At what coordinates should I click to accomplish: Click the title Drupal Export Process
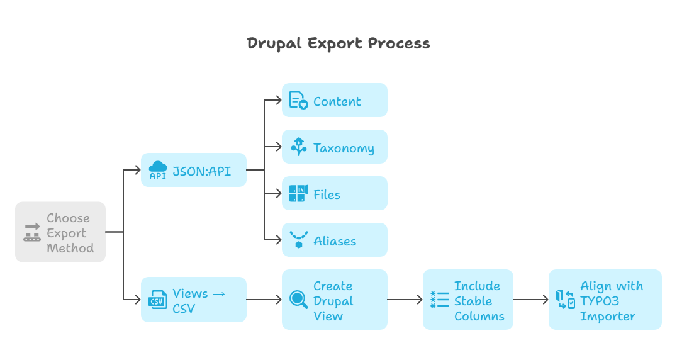pos(338,43)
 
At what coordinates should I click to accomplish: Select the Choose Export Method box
pos(60,232)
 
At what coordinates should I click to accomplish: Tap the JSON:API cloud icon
pos(157,170)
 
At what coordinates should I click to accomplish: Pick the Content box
pos(334,101)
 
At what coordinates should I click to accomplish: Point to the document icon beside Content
pos(298,101)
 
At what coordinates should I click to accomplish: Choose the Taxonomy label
pos(344,149)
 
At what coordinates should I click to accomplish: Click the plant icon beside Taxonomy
pos(298,147)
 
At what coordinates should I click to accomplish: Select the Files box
pos(334,194)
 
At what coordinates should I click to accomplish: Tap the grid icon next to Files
pos(298,194)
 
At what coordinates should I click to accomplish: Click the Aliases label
pos(335,241)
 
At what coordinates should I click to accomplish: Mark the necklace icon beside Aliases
pos(298,240)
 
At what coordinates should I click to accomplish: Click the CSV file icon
pos(157,300)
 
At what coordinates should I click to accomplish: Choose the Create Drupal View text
pos(333,301)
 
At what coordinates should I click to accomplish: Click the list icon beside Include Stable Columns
pos(439,300)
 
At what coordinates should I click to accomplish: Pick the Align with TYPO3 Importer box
pos(605,300)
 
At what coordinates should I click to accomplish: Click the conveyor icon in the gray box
pos(31,232)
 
